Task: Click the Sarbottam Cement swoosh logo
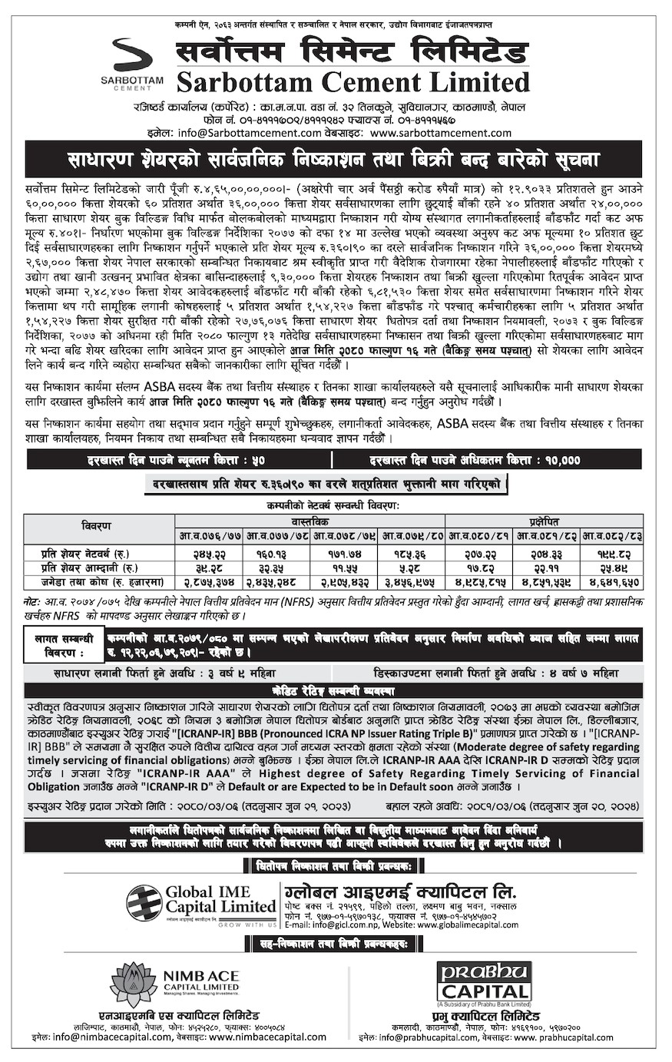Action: (x=131, y=55)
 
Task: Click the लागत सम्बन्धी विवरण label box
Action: (x=64, y=646)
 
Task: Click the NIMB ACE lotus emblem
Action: (x=134, y=984)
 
